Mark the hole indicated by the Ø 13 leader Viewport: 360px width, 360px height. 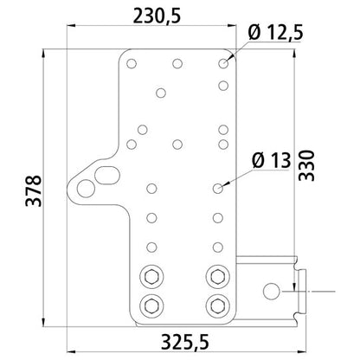coord(218,186)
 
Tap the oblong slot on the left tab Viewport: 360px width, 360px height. coord(107,175)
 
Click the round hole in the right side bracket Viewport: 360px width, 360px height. coord(272,288)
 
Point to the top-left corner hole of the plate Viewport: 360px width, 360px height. coord(133,63)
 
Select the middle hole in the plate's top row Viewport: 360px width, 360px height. coord(177,63)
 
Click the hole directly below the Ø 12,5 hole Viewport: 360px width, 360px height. coord(223,85)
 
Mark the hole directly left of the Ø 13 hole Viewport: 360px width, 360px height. coord(153,186)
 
